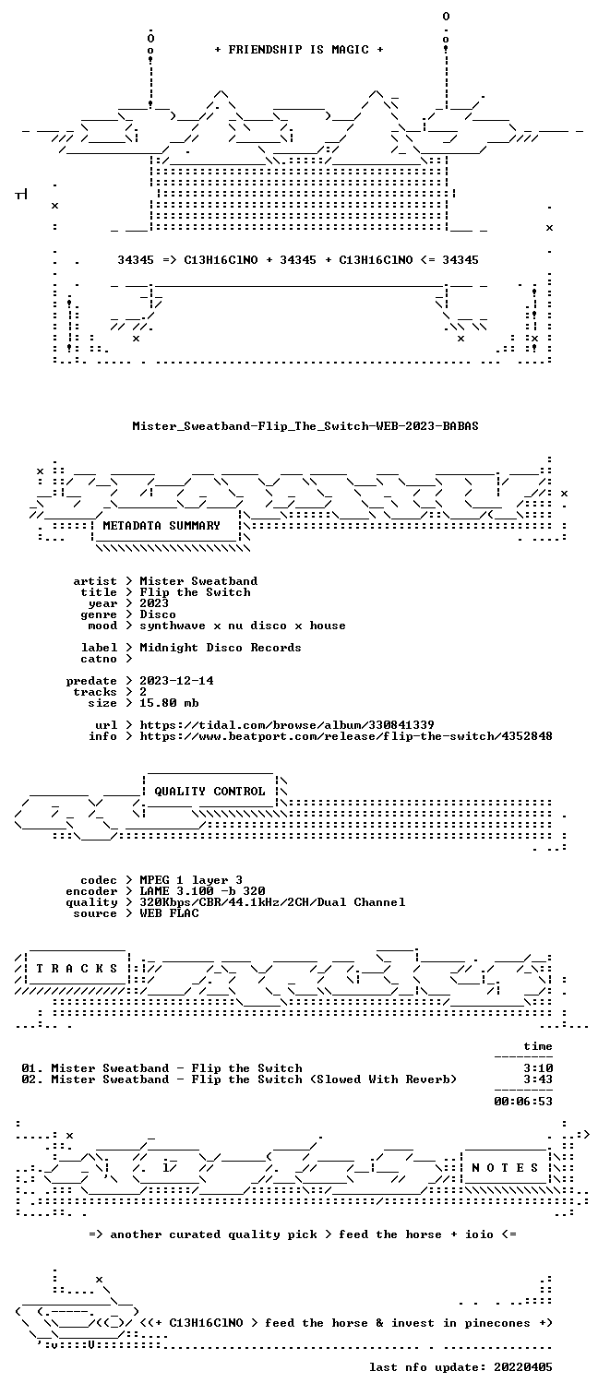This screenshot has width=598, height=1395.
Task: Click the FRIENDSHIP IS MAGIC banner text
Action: pos(299,50)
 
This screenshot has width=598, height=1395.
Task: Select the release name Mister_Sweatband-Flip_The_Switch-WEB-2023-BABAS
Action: pos(305,426)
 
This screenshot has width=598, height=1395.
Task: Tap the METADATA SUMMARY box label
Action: pos(161,526)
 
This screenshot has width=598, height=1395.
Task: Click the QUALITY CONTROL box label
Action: pos(209,792)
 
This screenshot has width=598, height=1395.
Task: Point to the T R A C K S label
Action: pos(77,969)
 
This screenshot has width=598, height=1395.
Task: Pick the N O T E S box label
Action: pos(505,1168)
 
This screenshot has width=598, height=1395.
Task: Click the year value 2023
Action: pos(154,602)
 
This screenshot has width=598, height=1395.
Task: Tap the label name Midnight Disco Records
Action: pos(221,648)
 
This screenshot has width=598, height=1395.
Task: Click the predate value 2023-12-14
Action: pos(176,681)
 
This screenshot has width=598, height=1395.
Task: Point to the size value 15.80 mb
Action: pos(169,703)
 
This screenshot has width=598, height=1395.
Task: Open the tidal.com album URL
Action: pos(287,725)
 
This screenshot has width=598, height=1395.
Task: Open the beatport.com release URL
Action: pos(346,736)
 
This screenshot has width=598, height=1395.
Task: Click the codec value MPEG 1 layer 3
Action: pos(191,880)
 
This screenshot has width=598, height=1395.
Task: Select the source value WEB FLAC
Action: pos(169,913)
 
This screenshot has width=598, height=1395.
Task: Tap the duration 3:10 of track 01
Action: pos(538,1068)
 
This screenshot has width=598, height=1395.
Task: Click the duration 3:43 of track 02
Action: pos(538,1079)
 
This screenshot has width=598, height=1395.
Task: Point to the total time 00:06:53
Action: pos(523,1101)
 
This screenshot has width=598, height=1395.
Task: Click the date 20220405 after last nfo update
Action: pos(523,1367)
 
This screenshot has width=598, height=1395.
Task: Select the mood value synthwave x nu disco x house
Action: pos(243,626)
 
